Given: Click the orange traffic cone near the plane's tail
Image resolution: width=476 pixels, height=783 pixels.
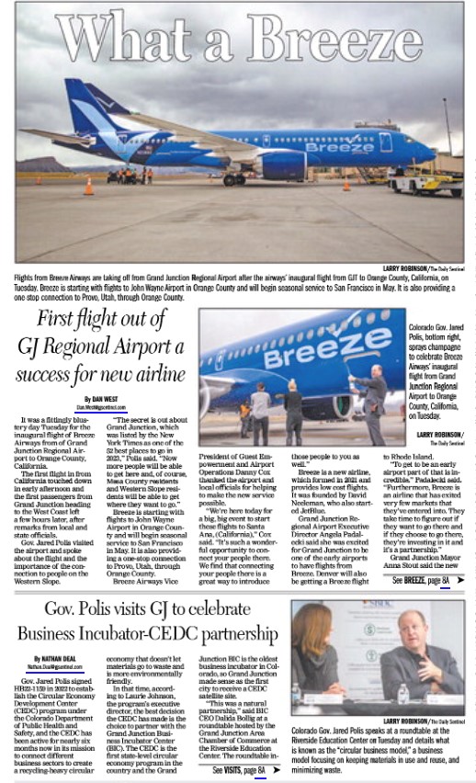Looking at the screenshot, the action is [x=89, y=186].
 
